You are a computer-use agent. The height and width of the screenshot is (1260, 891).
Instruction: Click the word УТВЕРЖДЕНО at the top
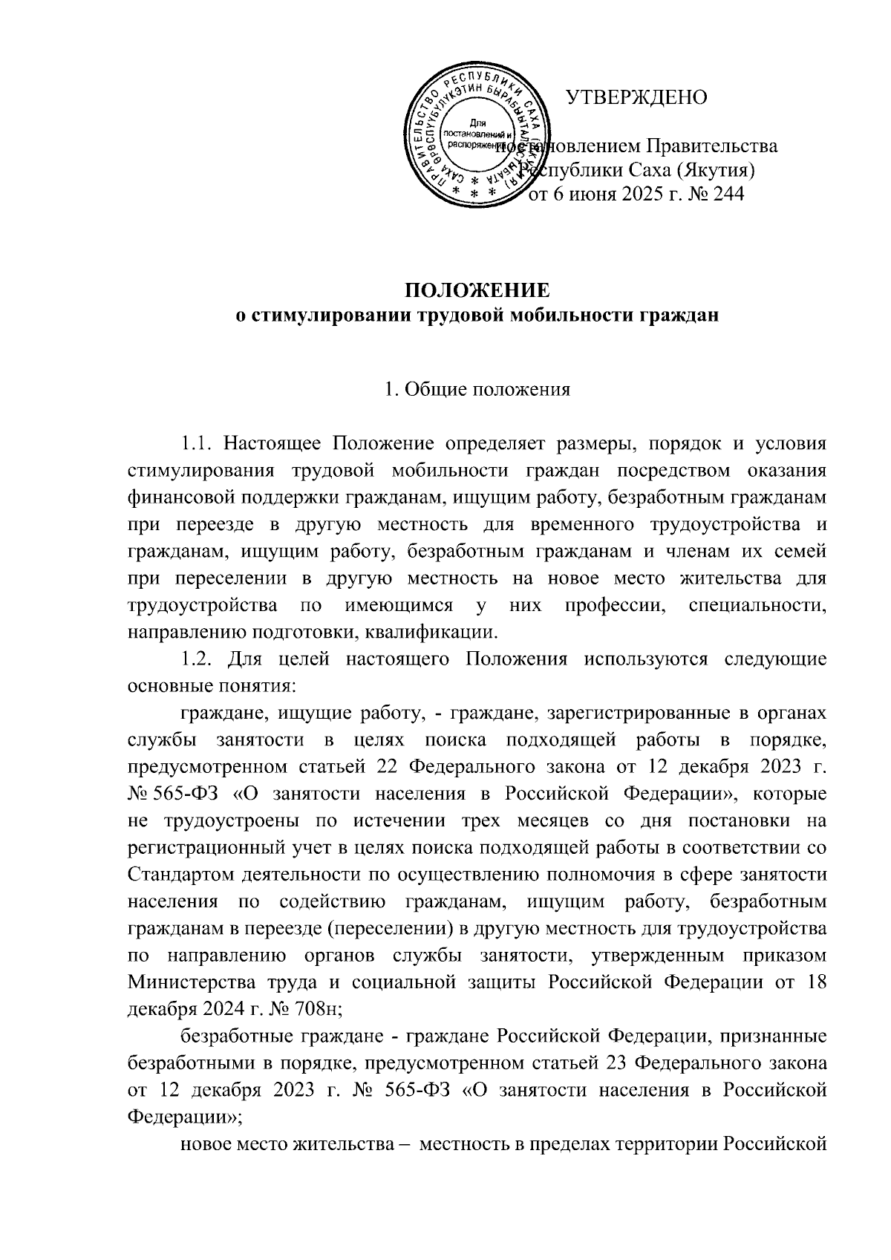pos(636,97)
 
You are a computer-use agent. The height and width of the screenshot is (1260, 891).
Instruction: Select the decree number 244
pos(727,195)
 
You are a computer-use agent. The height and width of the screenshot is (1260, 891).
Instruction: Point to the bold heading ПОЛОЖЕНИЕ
pos(477,290)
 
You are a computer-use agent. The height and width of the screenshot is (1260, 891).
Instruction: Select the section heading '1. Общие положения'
pos(477,390)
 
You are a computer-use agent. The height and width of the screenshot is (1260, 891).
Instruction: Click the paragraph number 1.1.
pos(198,444)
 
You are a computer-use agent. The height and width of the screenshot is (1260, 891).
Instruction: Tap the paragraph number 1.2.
pos(199,659)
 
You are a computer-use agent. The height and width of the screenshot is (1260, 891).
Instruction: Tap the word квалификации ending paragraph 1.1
pos(441,633)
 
